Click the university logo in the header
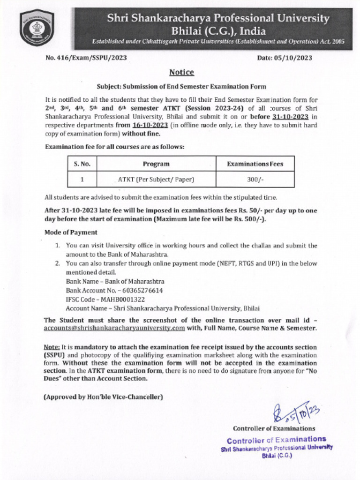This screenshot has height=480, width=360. click(37, 28)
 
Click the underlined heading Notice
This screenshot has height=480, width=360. click(181, 72)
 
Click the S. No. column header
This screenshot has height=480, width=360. click(82, 164)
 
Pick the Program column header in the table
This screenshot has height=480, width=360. click(156, 164)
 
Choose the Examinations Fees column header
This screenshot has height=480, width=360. click(255, 164)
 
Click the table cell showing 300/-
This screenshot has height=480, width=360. click(255, 179)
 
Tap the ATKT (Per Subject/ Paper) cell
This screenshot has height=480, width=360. click(156, 179)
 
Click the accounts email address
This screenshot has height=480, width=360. click(114, 328)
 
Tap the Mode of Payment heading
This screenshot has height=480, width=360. click(71, 232)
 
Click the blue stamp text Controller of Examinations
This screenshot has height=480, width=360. click(276, 440)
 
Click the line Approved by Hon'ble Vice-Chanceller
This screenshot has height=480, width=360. click(103, 397)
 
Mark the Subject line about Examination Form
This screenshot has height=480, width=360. click(181, 87)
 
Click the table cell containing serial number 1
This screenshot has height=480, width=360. click(82, 179)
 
